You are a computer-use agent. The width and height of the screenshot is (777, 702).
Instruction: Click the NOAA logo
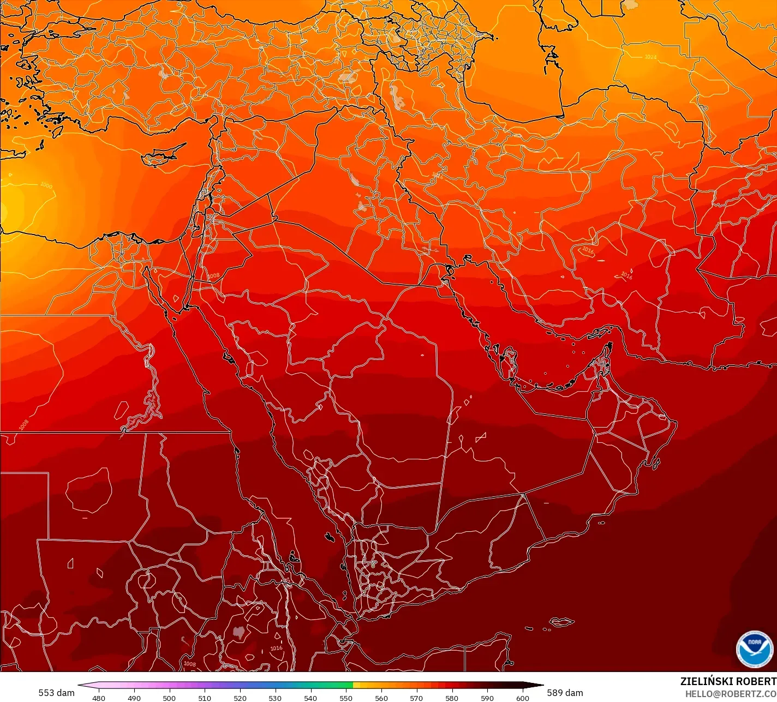click(754, 649)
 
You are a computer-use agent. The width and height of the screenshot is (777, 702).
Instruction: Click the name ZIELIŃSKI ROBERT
click(728, 681)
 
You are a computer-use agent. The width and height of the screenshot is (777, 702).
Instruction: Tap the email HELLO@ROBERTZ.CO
click(731, 693)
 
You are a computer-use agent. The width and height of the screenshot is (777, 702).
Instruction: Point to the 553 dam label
click(56, 693)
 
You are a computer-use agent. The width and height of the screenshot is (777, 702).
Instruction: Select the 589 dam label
click(565, 693)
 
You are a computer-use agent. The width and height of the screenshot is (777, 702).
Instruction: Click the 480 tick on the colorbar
click(99, 698)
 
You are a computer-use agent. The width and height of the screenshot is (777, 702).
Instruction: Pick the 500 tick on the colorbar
click(169, 698)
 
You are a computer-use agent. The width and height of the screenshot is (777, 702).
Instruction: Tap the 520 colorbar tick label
click(240, 698)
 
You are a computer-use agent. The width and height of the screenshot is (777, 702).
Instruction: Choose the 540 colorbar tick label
click(310, 698)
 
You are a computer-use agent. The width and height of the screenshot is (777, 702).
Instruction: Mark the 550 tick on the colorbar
click(346, 698)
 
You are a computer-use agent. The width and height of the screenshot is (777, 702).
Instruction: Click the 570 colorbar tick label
click(416, 698)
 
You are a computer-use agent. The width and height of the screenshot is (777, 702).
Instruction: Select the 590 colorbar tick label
click(487, 698)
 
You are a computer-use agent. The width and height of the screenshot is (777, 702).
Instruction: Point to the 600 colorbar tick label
click(522, 698)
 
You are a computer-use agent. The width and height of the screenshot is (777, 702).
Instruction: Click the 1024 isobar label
click(650, 57)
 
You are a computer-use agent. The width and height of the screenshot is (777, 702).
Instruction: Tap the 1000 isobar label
click(46, 185)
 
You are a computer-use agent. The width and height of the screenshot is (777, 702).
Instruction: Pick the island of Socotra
click(561, 622)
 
